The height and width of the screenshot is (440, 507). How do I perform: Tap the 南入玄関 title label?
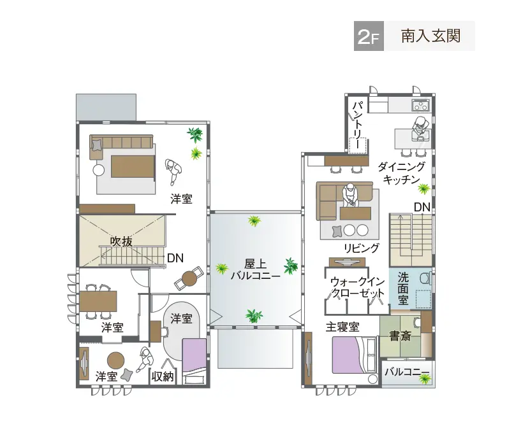coord(430,36)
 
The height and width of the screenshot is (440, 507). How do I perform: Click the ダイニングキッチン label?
coord(401,173)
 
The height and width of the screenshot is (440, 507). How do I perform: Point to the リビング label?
coord(362,248)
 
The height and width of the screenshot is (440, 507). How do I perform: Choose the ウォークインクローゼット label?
coord(358,287)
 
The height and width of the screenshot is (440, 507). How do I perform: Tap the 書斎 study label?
coord(400,336)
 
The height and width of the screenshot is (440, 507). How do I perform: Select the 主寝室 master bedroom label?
coord(342,327)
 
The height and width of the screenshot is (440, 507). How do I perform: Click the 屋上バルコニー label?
coord(254,269)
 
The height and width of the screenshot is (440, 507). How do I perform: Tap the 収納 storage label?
coord(163,376)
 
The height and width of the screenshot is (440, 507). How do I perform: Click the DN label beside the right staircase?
coord(422,207)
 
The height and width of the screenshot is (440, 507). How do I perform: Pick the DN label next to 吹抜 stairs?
coord(175,258)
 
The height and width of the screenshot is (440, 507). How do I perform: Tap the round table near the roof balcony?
coord(190,278)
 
